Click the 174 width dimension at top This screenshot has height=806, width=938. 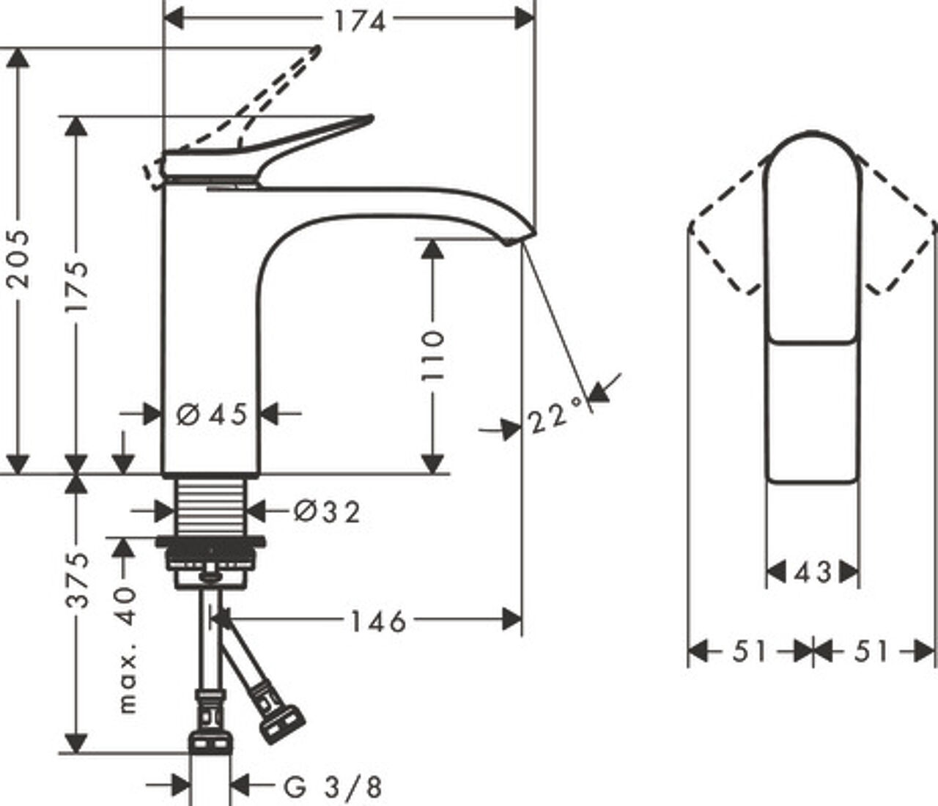click(360, 21)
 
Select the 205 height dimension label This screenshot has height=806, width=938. click(19, 259)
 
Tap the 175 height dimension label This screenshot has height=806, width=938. click(75, 286)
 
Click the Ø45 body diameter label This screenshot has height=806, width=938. click(212, 414)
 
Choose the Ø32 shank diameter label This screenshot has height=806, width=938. click(327, 512)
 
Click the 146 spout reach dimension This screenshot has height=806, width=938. click(378, 622)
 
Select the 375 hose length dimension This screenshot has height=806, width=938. click(75, 580)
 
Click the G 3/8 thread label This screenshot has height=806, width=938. click(333, 788)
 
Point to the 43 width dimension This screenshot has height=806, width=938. click(812, 572)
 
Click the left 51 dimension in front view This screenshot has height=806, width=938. click(749, 651)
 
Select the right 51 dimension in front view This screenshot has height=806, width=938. click(871, 651)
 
